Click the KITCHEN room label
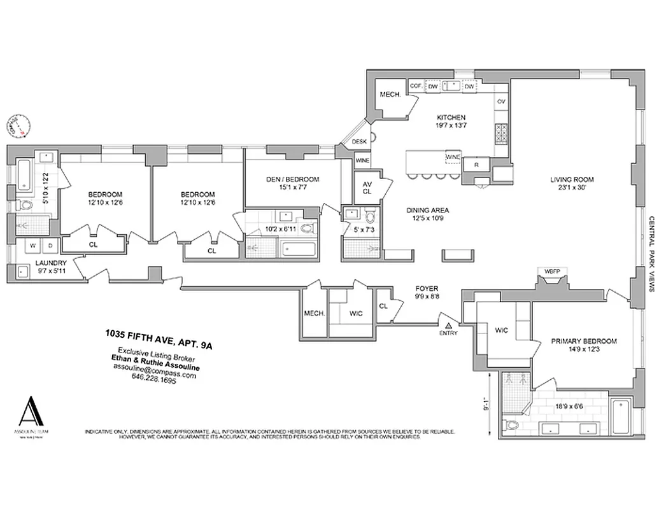[x=451, y=118]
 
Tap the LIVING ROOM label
[x=572, y=179]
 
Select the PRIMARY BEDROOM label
[x=583, y=341]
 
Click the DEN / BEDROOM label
[x=292, y=179]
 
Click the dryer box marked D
[x=51, y=246]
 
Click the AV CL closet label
[x=367, y=188]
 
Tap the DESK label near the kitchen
[x=359, y=142]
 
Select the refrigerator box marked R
[x=476, y=165]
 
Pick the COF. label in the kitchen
[x=416, y=86]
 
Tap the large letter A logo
[x=30, y=412]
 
